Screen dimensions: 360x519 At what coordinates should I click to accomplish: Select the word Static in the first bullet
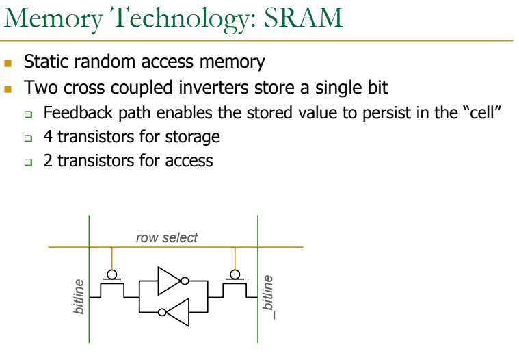(42, 62)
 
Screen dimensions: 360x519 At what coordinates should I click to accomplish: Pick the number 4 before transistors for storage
(48, 137)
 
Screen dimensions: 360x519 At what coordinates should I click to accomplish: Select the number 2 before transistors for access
(48, 162)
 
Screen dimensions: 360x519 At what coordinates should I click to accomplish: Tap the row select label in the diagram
(167, 238)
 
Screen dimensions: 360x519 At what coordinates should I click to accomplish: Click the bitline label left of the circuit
(79, 296)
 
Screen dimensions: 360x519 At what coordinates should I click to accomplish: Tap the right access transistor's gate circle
(235, 274)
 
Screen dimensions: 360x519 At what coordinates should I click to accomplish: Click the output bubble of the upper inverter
(184, 281)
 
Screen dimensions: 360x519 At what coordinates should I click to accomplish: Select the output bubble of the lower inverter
(161, 313)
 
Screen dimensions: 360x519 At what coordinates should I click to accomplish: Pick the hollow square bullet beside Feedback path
(28, 114)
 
